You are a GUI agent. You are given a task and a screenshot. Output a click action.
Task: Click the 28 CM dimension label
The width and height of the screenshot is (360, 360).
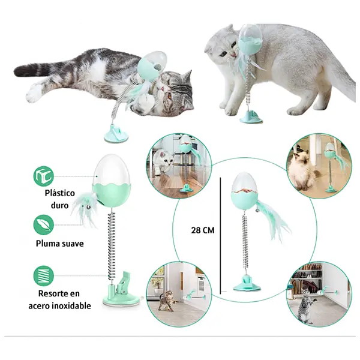pos(203,230)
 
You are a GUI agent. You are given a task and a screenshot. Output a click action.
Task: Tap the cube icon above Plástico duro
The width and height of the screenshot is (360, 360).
pos(44,176)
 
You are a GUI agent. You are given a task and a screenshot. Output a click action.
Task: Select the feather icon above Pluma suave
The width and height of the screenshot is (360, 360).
pos(44,225)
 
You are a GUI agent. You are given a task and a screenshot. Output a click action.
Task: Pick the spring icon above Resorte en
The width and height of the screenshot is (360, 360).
pos(44,276)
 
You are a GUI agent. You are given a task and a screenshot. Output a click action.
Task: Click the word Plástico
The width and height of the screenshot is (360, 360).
pos(59,193)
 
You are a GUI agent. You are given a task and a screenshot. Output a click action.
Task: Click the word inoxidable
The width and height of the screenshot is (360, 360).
pos(71,306)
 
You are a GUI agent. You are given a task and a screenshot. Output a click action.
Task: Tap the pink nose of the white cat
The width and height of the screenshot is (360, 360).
pos(234,55)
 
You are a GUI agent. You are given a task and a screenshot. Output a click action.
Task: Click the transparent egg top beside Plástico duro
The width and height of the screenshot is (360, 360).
pos(112,169)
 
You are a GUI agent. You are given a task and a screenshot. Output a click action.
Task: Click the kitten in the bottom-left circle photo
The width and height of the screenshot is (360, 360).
pos(166,301)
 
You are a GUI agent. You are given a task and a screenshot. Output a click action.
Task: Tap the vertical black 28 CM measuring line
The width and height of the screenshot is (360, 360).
pos(220,236)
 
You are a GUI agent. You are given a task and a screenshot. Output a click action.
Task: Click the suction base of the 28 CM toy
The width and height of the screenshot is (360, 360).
pos(247,284)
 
